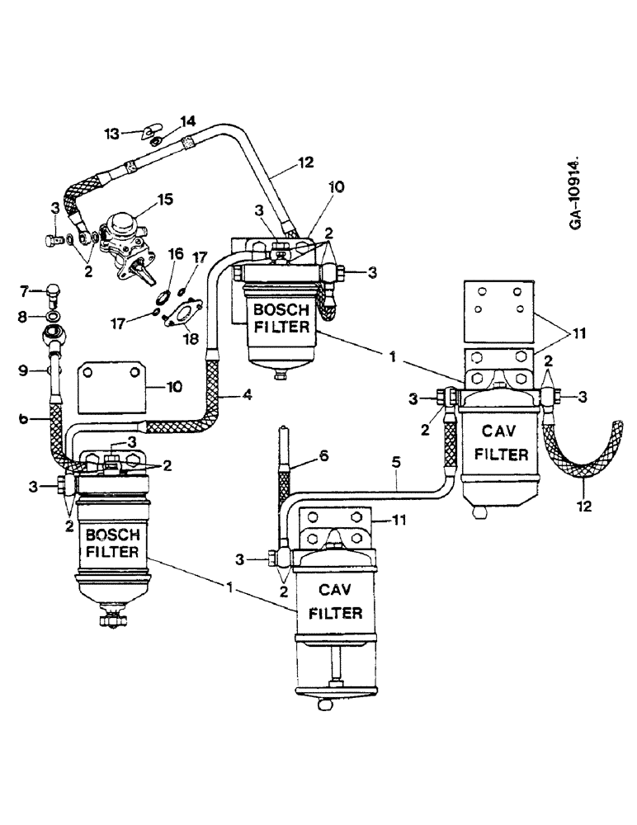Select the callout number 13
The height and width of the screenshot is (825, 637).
(111, 132)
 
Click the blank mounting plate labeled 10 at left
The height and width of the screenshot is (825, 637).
(111, 389)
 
